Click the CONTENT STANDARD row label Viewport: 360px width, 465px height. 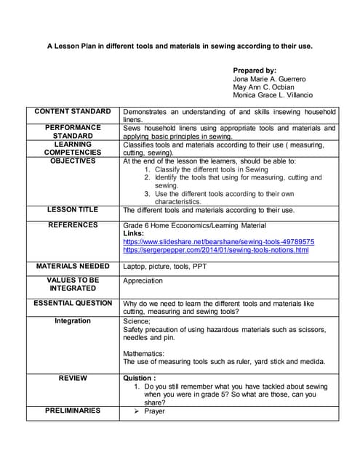click(x=73, y=111)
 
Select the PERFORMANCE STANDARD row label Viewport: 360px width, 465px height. click(x=73, y=132)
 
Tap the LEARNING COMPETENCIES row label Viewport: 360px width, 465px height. click(x=73, y=148)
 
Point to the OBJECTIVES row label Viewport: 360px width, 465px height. click(x=73, y=161)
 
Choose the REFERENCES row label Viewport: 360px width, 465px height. click(x=73, y=225)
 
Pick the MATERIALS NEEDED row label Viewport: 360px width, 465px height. click(x=73, y=266)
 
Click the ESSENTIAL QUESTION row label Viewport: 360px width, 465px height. click(x=73, y=302)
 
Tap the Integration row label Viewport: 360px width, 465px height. click(x=73, y=320)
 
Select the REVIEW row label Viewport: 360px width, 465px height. click(x=73, y=378)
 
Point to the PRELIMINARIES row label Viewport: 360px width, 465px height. click(x=73, y=411)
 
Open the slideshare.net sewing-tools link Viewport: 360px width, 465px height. click(x=218, y=241)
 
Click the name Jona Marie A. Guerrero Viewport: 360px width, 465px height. click(x=270, y=78)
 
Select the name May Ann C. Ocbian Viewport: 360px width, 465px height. click(x=264, y=86)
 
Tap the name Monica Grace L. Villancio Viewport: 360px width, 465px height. click(x=273, y=95)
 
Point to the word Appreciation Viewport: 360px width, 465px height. click(x=143, y=280)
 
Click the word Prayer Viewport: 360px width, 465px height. click(x=154, y=411)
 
